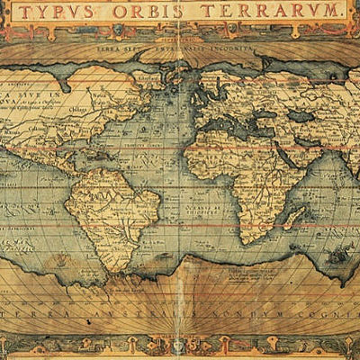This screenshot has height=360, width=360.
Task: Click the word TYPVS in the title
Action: pos(67,12)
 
